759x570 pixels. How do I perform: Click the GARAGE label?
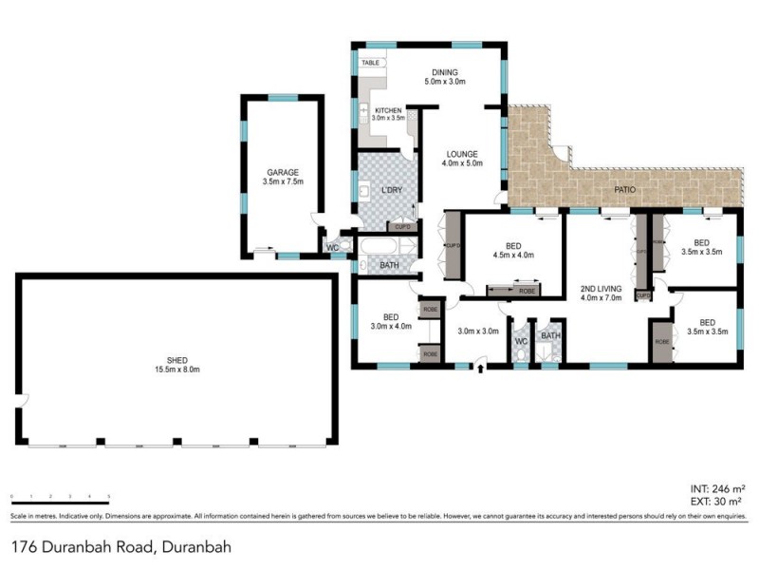(283, 172)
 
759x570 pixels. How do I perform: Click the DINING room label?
(445, 72)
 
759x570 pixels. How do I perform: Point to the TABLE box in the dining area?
(370, 63)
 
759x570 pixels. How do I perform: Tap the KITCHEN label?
(387, 111)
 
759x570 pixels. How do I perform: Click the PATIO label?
(623, 190)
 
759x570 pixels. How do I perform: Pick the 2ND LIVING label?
(601, 288)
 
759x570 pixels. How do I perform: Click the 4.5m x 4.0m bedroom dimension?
(513, 255)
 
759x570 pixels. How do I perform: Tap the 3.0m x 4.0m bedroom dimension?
(391, 326)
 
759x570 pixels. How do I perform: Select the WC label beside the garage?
(332, 249)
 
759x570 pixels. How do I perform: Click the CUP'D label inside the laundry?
(402, 227)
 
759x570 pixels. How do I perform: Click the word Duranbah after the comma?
(197, 547)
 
